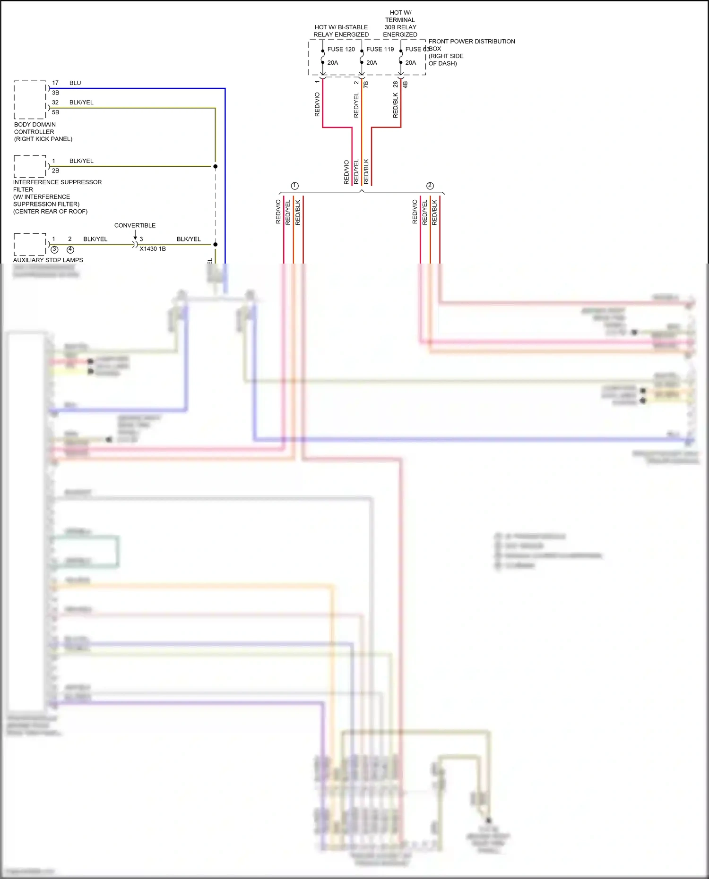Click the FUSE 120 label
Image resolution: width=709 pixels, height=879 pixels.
click(341, 49)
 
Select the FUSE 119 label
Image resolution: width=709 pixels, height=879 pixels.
click(380, 49)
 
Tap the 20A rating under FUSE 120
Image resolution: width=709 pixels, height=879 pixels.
click(333, 63)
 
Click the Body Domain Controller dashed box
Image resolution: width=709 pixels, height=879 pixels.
click(30, 100)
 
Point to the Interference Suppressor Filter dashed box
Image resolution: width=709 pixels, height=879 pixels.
click(30, 166)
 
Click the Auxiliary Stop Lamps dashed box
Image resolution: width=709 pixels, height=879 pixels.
click(30, 244)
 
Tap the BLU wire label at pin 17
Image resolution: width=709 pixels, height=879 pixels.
click(75, 83)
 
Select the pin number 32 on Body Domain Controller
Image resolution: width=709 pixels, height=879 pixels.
click(55, 102)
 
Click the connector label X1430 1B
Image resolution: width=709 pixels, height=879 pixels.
click(153, 249)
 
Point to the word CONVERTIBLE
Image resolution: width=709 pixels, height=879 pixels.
click(135, 225)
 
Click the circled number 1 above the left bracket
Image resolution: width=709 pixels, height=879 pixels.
click(295, 186)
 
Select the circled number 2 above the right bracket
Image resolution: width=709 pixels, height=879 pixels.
click(430, 186)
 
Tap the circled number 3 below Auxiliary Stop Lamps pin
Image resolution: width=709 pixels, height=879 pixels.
click(54, 249)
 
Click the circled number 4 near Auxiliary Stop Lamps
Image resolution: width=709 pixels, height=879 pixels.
click(70, 249)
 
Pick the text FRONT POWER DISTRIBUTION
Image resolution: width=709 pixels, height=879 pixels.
click(471, 42)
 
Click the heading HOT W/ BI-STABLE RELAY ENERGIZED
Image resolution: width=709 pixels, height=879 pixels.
click(341, 31)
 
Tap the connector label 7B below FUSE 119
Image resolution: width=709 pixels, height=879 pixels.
click(366, 84)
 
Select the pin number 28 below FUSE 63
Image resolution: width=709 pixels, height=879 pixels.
click(396, 84)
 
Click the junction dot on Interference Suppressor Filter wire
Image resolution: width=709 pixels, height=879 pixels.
click(216, 166)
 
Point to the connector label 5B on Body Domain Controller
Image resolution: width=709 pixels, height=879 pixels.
click(56, 112)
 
